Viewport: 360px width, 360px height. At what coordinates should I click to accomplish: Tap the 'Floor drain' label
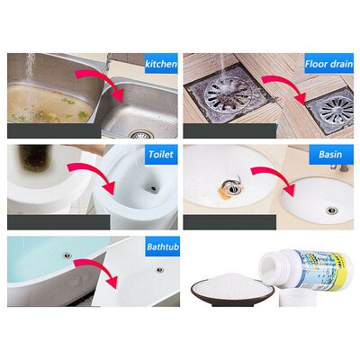[327, 65]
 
